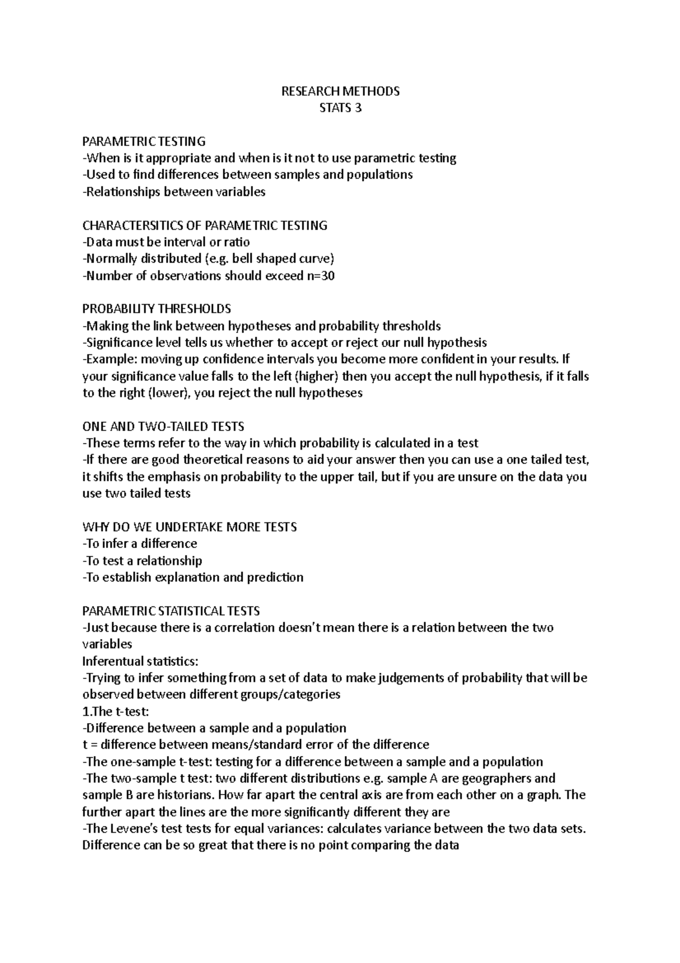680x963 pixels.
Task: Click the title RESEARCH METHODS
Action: (341, 91)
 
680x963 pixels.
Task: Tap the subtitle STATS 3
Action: (341, 108)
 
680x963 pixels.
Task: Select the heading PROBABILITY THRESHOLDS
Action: (157, 309)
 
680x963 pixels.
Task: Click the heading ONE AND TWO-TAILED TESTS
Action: (163, 426)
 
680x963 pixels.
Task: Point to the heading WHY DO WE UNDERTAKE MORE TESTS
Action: (189, 527)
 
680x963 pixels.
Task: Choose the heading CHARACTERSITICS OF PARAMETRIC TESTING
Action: (205, 225)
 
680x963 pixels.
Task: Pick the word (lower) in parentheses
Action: (169, 393)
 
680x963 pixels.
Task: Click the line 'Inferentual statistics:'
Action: (141, 661)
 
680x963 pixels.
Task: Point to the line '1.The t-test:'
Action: (116, 711)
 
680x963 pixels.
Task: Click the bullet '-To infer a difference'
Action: (140, 544)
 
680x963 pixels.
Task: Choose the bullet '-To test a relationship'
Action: (142, 561)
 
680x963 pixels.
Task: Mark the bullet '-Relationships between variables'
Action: (174, 192)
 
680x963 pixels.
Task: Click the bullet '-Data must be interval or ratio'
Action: (166, 242)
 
